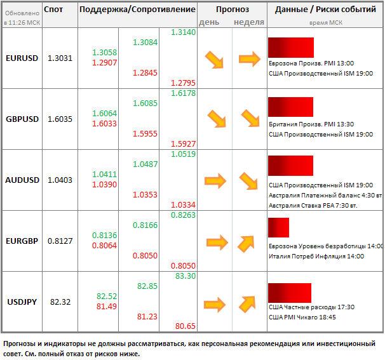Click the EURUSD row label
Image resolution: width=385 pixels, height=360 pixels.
22,58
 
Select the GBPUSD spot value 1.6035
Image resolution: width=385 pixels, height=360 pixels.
60,119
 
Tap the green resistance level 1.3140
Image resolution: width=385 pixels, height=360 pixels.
183,32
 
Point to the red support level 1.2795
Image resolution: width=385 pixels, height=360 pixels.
183,83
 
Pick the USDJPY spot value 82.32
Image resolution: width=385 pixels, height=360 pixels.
60,302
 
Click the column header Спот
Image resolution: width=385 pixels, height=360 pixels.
54,10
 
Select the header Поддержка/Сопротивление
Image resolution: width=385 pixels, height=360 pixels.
137,10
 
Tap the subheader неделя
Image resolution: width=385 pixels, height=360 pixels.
249,22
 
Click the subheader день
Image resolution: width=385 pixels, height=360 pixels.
210,22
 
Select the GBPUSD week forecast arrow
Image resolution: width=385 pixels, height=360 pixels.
250,119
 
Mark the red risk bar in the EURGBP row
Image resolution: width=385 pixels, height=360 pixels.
278,227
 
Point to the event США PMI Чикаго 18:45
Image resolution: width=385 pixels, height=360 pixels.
302,317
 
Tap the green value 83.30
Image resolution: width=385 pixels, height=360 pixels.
184,276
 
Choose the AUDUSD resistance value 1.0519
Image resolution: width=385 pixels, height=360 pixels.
183,154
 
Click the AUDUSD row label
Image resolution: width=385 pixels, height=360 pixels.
22,180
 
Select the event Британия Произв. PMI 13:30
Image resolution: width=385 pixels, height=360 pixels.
311,124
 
